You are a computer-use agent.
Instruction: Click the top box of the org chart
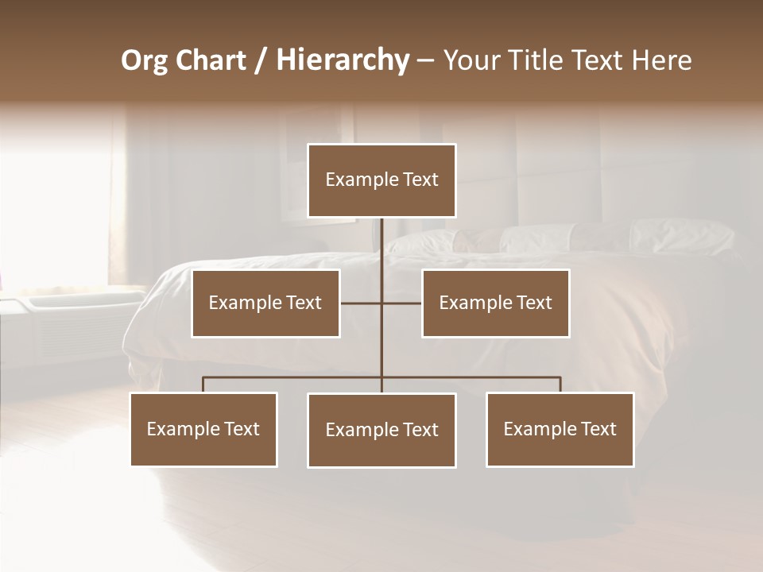(381, 180)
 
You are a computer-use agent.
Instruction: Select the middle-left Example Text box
(265, 303)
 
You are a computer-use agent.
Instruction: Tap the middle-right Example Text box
(495, 303)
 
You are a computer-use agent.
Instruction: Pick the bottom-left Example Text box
(203, 429)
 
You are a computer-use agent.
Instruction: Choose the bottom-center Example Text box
(381, 430)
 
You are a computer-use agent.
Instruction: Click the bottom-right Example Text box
(560, 429)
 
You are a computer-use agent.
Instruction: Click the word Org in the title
(144, 60)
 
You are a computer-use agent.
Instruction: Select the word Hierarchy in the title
(343, 60)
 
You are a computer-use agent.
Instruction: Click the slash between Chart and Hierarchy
(261, 60)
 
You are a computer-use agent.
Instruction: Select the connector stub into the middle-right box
(402, 303)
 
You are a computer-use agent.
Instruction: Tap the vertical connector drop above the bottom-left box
(203, 385)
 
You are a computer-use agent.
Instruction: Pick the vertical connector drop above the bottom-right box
(560, 385)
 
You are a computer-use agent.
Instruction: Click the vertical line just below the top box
(381, 238)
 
